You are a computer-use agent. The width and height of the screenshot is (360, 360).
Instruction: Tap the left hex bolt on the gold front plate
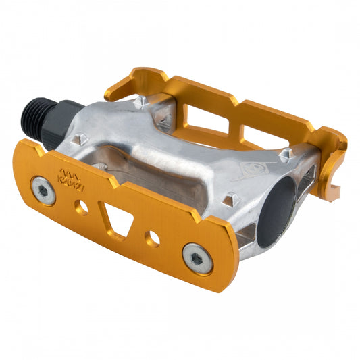pyautogui.click(x=44, y=192)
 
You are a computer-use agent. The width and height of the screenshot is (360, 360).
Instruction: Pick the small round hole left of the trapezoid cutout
pyautogui.click(x=82, y=207)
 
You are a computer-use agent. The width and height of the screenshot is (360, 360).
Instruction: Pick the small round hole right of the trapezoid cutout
pyautogui.click(x=154, y=237)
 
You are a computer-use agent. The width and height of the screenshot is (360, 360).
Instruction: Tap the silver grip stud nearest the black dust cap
pyautogui.click(x=232, y=200)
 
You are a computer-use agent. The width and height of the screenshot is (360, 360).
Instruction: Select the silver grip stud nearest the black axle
pyautogui.click(x=76, y=140)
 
